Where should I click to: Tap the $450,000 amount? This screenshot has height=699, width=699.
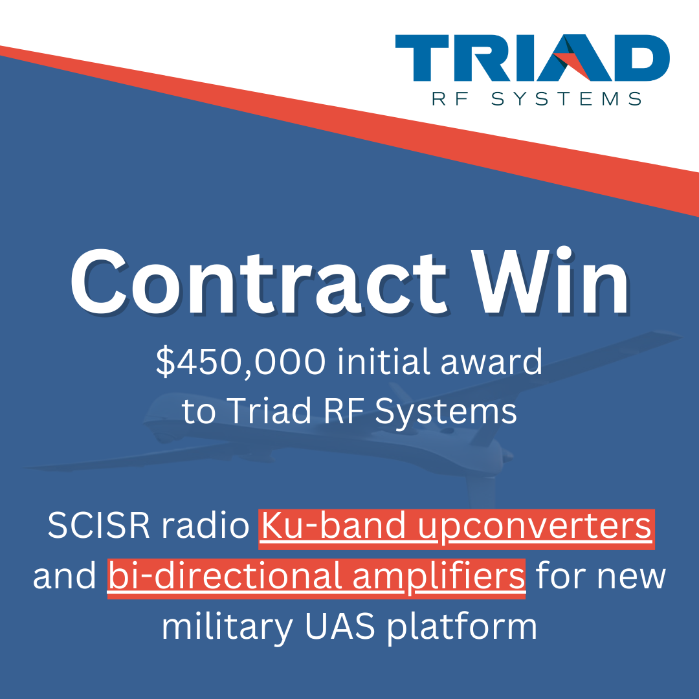tap(241, 363)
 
